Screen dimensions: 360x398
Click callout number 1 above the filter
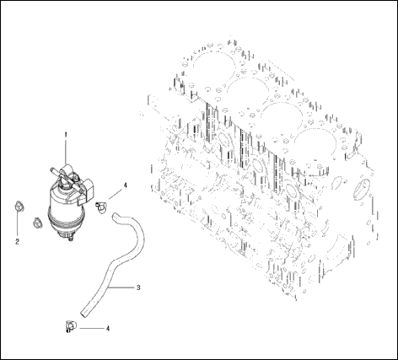click(x=66, y=135)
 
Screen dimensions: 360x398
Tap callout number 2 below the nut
click(x=18, y=241)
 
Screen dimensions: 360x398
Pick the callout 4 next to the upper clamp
click(x=126, y=184)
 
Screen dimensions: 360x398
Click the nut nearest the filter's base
click(x=35, y=223)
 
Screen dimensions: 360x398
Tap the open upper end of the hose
click(x=116, y=203)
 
